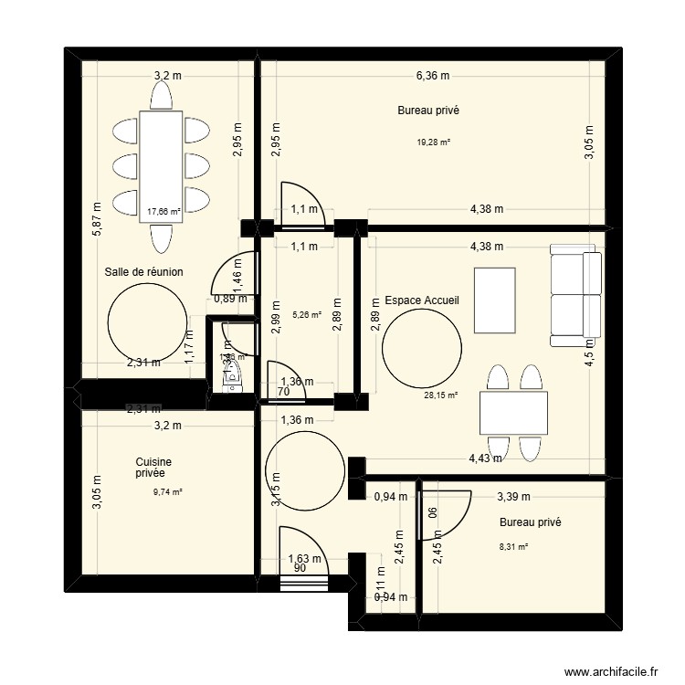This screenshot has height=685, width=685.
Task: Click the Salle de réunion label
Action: (x=144, y=271)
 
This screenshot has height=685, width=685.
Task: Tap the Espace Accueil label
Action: (x=421, y=300)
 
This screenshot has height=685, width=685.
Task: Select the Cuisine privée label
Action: (x=153, y=469)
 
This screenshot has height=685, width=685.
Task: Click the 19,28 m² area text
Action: (x=434, y=142)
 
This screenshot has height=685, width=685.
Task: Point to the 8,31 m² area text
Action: (x=513, y=547)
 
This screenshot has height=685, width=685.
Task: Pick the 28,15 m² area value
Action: (x=441, y=395)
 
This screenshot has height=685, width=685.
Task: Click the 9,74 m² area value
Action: (x=167, y=491)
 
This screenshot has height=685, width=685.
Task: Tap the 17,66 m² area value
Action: (x=163, y=212)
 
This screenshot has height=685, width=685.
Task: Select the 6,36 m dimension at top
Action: (x=433, y=77)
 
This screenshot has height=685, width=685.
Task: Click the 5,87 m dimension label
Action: (x=97, y=219)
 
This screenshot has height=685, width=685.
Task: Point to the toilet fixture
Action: (x=234, y=370)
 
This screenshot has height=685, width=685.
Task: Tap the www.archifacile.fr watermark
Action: (x=611, y=671)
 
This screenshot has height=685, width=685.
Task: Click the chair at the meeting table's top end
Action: (x=162, y=93)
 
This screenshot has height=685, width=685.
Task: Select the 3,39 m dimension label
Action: (x=512, y=497)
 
